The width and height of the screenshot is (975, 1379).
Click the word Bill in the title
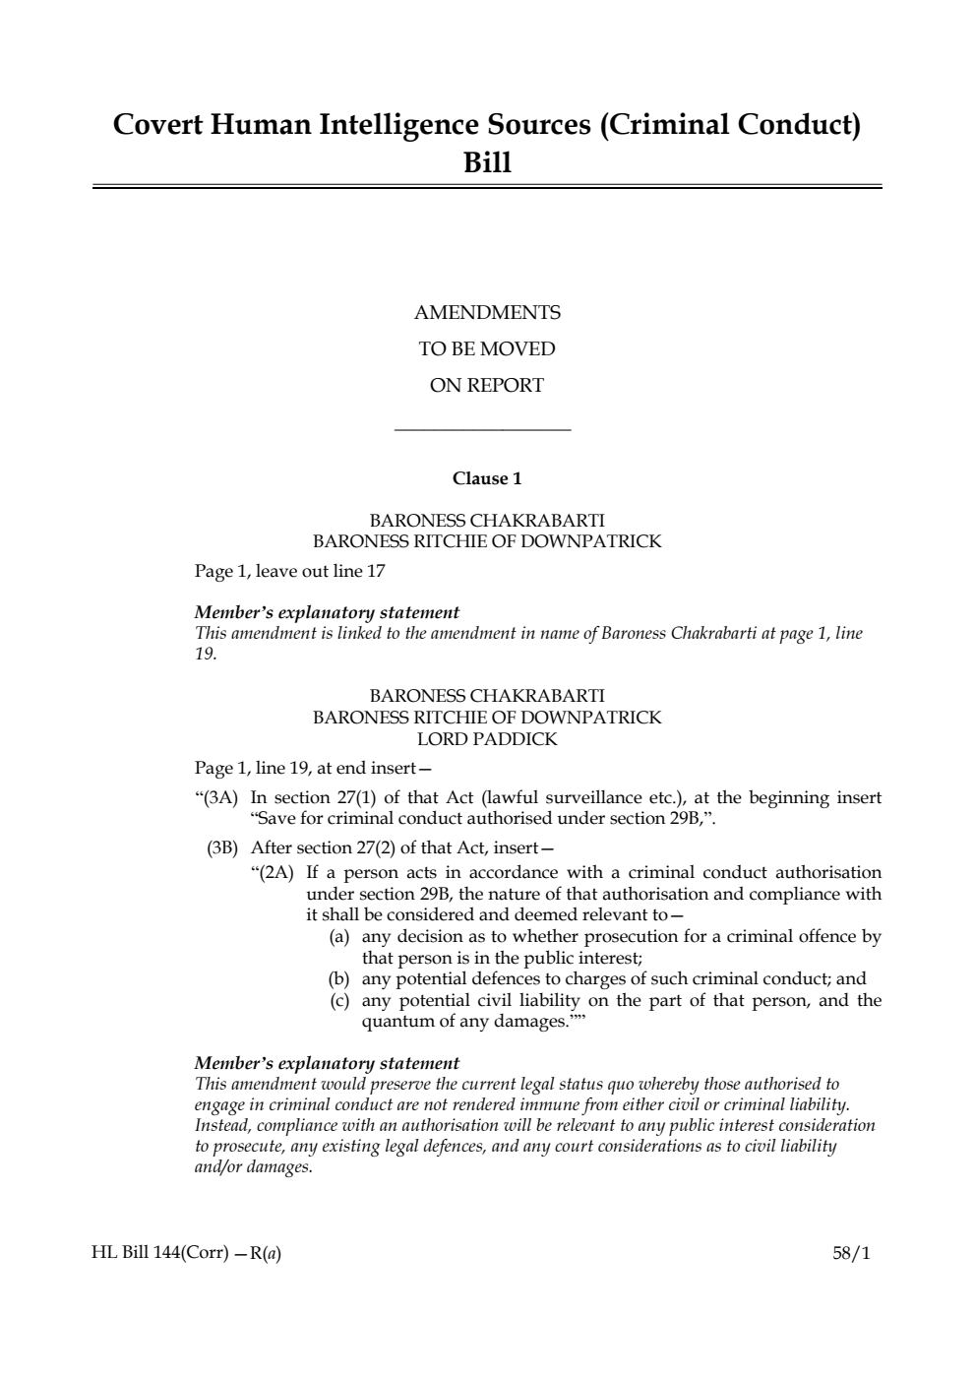click(x=487, y=162)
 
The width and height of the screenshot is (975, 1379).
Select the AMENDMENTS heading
click(x=487, y=313)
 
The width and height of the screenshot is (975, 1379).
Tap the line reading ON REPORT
click(x=487, y=386)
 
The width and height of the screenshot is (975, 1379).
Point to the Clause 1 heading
click(x=487, y=478)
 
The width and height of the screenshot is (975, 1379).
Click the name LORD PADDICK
click(x=487, y=739)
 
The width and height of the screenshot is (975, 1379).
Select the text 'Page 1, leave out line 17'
click(x=290, y=571)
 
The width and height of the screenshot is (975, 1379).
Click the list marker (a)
click(x=339, y=936)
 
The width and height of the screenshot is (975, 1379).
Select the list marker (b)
click(x=339, y=978)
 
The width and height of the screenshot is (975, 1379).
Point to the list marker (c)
click(x=339, y=1000)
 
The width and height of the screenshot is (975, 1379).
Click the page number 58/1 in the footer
click(x=851, y=1253)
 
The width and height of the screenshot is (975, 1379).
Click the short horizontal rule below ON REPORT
click(x=482, y=429)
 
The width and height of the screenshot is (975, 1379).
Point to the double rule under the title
click(x=487, y=186)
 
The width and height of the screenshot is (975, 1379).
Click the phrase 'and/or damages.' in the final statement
click(x=254, y=1167)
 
